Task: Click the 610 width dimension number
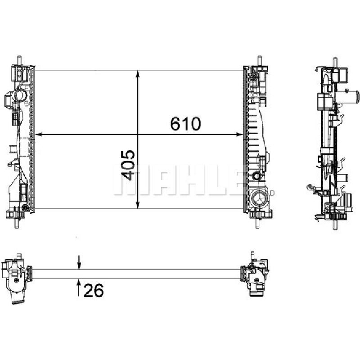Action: [x=185, y=123]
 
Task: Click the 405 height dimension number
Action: [x=128, y=165]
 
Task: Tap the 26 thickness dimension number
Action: [x=94, y=290]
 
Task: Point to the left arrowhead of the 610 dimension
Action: [x=38, y=134]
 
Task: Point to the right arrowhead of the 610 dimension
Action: [x=239, y=134]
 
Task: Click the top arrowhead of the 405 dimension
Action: [x=138, y=74]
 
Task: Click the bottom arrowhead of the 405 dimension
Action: [x=138, y=205]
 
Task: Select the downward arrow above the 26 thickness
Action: [x=79, y=262]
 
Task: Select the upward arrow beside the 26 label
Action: [x=79, y=287]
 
